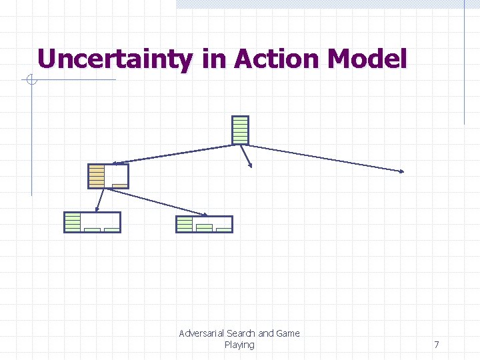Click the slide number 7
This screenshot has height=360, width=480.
(437, 345)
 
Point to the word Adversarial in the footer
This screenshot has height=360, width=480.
(201, 333)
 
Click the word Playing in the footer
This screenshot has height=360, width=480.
(239, 345)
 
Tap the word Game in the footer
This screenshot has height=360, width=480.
(288, 333)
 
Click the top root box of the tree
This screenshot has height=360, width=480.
(240, 130)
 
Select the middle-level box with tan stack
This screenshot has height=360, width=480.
(108, 176)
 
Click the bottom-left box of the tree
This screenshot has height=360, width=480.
(92, 222)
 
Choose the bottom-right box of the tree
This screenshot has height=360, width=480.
(204, 224)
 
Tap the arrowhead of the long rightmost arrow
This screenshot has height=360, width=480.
(402, 171)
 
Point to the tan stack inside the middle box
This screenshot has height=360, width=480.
(97, 176)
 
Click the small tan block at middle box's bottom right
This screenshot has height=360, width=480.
(120, 185)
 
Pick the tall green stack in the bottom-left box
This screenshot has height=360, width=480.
(73, 222)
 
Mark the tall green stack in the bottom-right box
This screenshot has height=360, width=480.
(185, 224)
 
